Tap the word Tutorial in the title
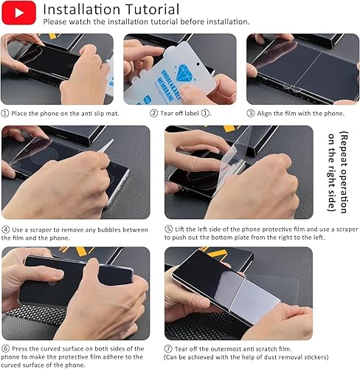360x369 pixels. click(x=152, y=10)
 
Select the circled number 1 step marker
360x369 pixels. click(x=6, y=113)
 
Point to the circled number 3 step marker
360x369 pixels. click(x=251, y=113)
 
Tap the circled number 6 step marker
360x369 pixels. click(x=6, y=347)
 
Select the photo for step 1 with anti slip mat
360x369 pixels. click(x=57, y=69)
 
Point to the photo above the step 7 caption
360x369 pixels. click(x=238, y=292)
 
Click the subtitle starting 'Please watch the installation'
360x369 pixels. click(x=137, y=22)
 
